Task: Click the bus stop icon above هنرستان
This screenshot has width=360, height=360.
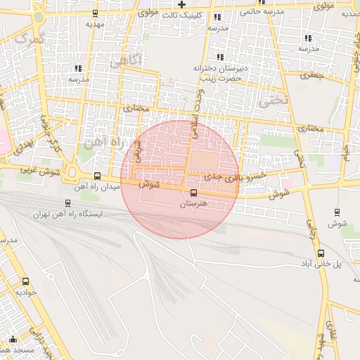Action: pos(193,193)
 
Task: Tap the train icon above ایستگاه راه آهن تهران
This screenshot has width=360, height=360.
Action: pos(67,203)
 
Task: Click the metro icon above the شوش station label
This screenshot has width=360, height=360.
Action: pos(337,212)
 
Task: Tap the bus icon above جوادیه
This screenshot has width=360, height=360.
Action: pos(26,281)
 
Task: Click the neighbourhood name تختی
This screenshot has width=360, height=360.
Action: pos(274,101)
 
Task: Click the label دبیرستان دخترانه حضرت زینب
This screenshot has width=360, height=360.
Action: pos(218,73)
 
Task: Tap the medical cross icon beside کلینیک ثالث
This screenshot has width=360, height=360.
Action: pos(181,5)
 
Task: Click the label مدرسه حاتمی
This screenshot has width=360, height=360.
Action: pos(261,11)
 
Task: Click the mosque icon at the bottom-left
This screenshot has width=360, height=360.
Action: pos(12,338)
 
